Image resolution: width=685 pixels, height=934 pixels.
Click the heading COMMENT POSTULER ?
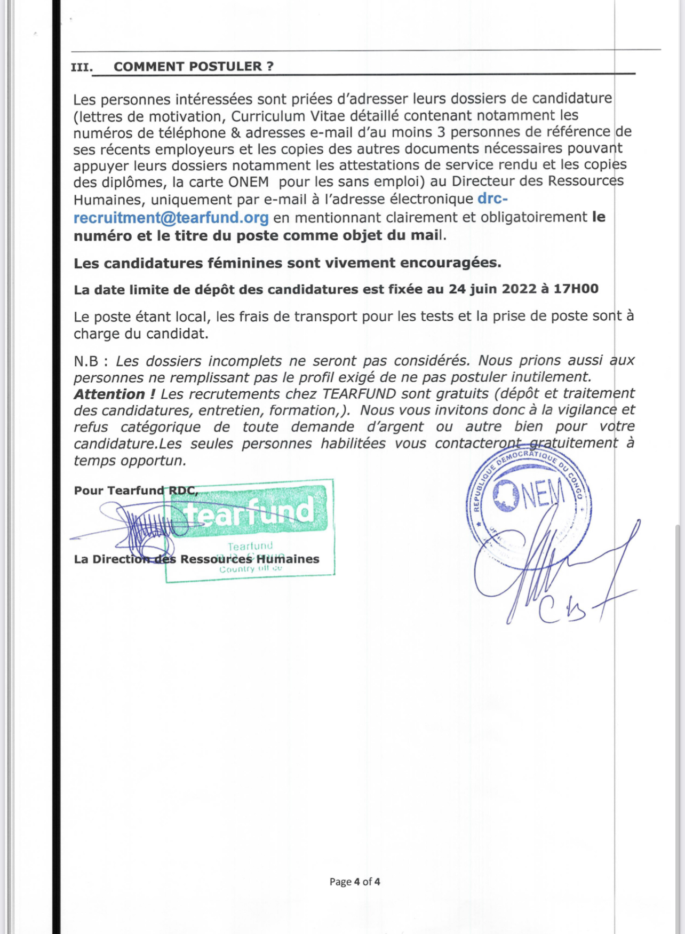pyautogui.click(x=193, y=67)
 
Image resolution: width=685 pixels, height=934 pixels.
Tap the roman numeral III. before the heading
pyautogui.click(x=82, y=68)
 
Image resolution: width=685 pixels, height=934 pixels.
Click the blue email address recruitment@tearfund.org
pyautogui.click(x=171, y=218)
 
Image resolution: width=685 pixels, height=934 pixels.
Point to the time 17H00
pyautogui.click(x=576, y=289)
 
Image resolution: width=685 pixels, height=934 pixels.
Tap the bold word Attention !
pyautogui.click(x=114, y=394)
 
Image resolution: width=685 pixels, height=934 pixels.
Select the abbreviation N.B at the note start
pyautogui.click(x=86, y=361)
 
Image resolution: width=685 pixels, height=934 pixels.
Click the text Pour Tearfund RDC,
pyautogui.click(x=136, y=490)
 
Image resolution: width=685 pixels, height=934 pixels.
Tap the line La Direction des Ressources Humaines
pyautogui.click(x=196, y=559)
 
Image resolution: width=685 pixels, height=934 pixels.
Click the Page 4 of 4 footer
pyautogui.click(x=355, y=882)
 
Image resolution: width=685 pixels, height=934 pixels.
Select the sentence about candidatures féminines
pyautogui.click(x=287, y=263)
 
